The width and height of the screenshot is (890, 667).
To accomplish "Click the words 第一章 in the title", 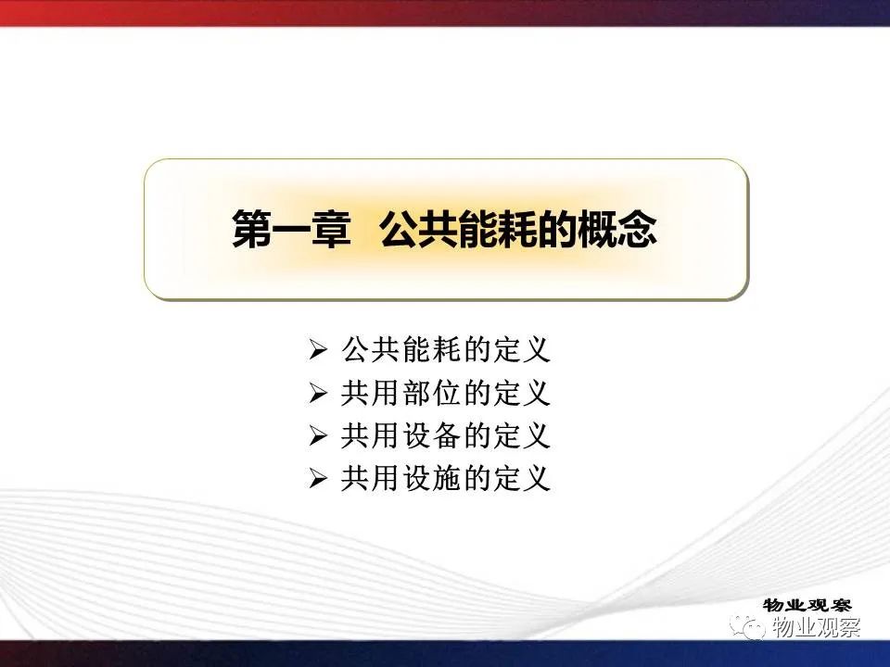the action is (291, 229).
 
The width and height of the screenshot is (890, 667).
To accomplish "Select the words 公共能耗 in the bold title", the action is (457, 229).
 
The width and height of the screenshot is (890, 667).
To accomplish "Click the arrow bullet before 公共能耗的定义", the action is (318, 349).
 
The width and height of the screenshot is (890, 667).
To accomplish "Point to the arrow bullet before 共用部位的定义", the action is (318, 393).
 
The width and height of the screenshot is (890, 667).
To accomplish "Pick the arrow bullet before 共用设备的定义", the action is (318, 436).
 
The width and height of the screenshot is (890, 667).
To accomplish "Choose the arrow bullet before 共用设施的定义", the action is (318, 479).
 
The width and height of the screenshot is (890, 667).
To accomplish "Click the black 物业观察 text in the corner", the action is (807, 605).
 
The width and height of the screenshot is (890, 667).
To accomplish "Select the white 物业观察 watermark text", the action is (817, 627).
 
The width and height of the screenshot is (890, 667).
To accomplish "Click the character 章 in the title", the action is (332, 229).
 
